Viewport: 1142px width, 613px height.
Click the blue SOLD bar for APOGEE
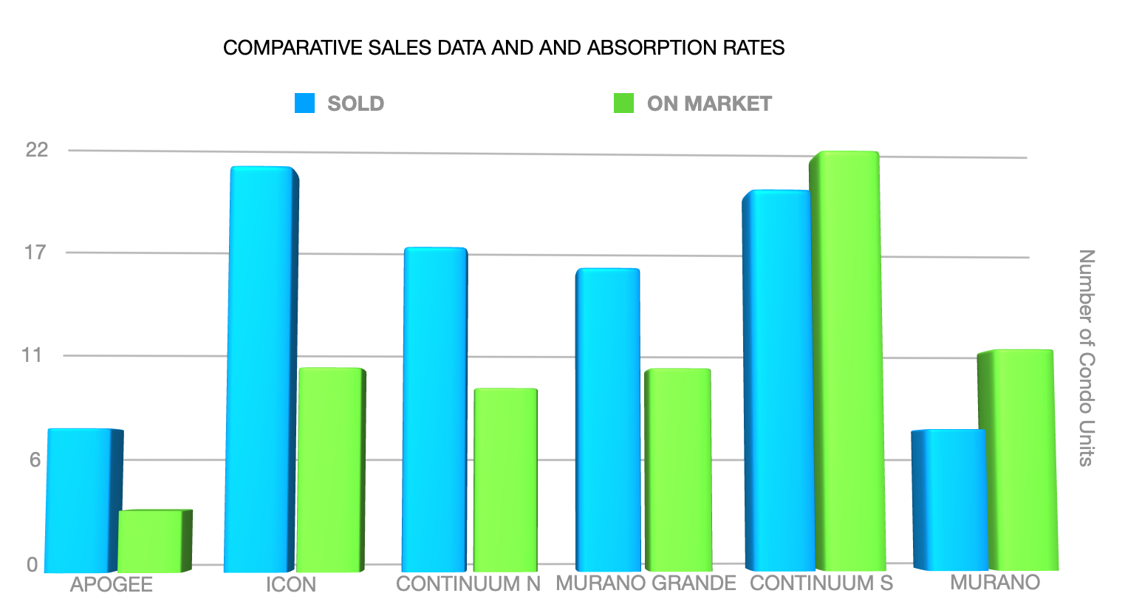click(80, 501)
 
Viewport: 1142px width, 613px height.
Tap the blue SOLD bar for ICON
click(261, 369)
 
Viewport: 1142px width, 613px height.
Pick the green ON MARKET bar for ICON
click(329, 470)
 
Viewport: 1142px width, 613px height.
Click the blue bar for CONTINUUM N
click(434, 410)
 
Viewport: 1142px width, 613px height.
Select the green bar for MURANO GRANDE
click(677, 470)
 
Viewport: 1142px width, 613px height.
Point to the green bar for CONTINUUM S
click(847, 362)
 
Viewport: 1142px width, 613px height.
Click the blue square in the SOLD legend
click(304, 103)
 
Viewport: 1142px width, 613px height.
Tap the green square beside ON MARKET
click(624, 103)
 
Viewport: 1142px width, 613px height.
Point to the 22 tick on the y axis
click(37, 150)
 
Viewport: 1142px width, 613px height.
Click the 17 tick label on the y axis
click(35, 253)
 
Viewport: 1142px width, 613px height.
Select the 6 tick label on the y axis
click(35, 460)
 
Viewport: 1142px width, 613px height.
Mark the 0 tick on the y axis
click(33, 565)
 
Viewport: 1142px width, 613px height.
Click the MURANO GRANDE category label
click(646, 583)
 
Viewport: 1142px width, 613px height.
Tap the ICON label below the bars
click(291, 585)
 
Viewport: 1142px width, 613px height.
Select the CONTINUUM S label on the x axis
click(821, 583)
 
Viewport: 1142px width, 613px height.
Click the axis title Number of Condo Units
click(1086, 357)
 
